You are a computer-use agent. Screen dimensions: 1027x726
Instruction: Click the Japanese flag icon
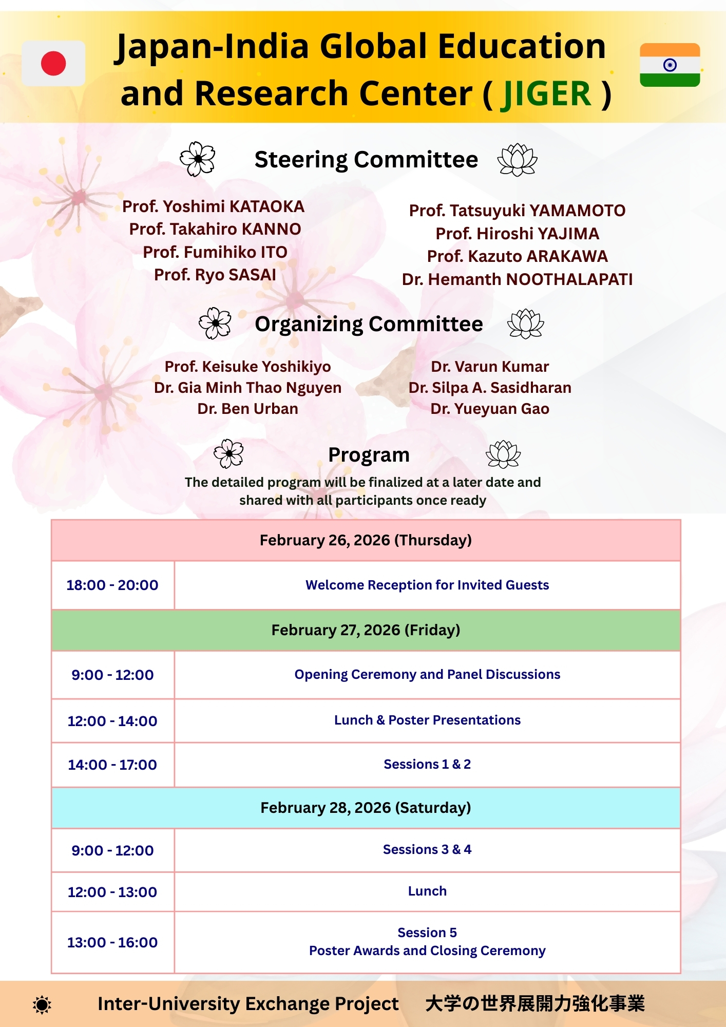tap(53, 63)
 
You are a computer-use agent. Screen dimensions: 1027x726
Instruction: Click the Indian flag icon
tap(670, 65)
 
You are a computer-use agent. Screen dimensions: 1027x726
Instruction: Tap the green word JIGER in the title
tap(546, 94)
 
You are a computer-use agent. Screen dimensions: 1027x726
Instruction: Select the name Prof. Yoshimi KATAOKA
tap(213, 206)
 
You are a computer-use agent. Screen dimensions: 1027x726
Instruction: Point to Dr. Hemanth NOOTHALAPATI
tap(517, 279)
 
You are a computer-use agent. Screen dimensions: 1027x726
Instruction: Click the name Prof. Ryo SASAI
tap(215, 275)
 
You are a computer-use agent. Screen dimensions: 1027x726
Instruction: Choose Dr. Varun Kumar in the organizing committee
tap(490, 367)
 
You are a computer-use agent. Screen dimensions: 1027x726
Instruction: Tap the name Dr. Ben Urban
tap(247, 409)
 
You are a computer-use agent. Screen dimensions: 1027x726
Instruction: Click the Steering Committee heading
tap(366, 160)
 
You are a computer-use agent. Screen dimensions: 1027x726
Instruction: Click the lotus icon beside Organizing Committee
tap(525, 324)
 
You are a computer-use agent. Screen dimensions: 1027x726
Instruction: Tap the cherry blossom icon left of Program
tap(228, 453)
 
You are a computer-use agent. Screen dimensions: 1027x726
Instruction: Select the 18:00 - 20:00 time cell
tap(112, 585)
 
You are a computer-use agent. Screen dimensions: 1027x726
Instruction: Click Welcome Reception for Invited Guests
tap(427, 585)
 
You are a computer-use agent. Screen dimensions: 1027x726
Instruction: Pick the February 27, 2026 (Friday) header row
tap(366, 630)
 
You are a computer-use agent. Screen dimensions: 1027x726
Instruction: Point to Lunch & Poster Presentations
tap(427, 720)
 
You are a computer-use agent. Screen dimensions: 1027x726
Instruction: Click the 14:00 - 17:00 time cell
tap(112, 765)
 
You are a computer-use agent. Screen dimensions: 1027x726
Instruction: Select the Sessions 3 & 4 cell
tap(427, 849)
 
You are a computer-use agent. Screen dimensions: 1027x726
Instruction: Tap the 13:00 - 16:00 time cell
tap(112, 942)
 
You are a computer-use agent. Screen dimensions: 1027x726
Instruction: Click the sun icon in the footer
tap(42, 1004)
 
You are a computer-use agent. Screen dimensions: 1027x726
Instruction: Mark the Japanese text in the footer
tap(534, 1003)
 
